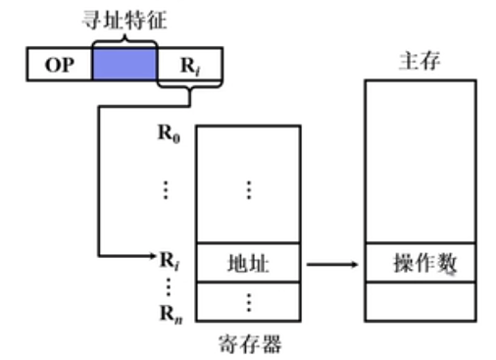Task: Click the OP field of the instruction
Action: tap(57, 66)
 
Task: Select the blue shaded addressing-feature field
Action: tap(124, 65)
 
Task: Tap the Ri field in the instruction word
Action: tap(186, 66)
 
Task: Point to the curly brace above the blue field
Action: tap(124, 40)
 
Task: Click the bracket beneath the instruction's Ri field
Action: tap(187, 90)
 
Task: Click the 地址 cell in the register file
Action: tap(248, 263)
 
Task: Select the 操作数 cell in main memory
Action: tap(420, 263)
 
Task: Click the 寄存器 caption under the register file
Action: tap(248, 344)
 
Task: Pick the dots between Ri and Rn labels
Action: tap(168, 286)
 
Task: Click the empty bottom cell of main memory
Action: tap(420, 301)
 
